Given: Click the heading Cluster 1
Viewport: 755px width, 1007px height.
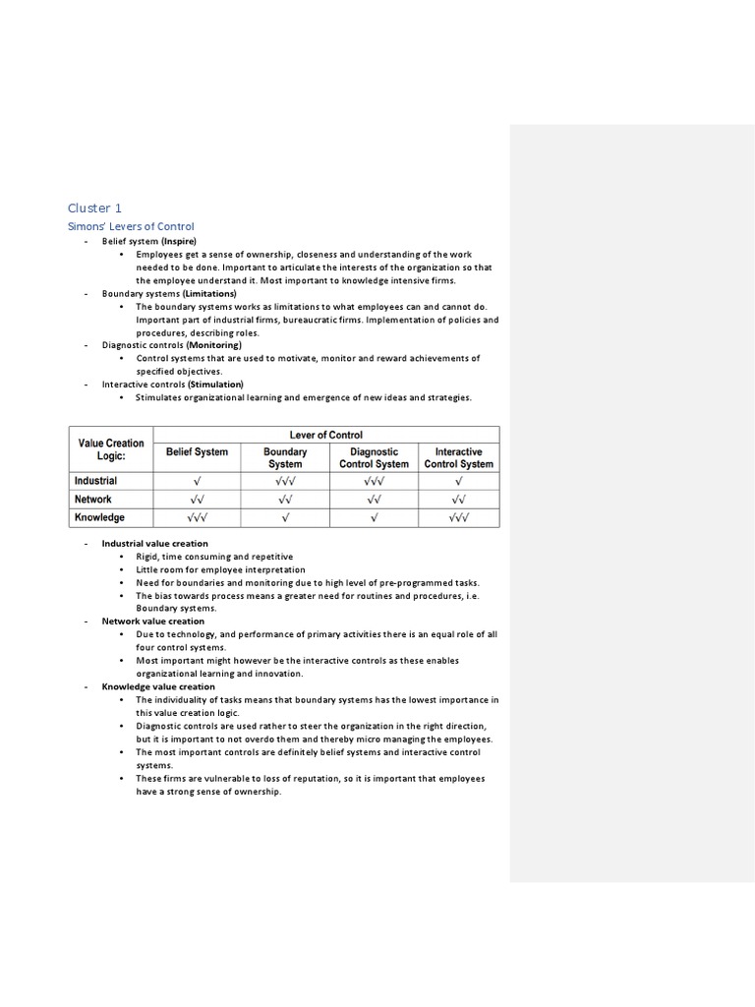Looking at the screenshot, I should point(95,207).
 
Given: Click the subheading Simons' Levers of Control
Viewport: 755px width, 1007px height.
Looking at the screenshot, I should point(131,227).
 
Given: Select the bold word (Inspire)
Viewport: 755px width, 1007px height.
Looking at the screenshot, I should point(179,241).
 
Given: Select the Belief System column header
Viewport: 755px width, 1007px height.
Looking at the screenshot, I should point(197,452).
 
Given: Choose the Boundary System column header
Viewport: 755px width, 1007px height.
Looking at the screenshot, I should point(285,458).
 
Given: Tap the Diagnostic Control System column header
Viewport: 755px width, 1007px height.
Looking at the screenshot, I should point(374,458).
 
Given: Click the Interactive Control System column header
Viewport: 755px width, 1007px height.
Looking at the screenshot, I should point(459,458).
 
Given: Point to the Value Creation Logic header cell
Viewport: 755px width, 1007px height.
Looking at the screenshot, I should point(111,449).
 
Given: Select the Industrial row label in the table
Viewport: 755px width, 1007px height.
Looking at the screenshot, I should point(95,481).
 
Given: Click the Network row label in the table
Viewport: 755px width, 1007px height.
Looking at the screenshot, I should point(93,500).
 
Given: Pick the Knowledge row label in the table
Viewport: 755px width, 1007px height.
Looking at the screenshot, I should point(99,517).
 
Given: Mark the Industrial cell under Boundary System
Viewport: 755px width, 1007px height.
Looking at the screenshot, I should point(285,481).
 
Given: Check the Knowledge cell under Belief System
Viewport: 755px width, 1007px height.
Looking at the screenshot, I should point(197,517).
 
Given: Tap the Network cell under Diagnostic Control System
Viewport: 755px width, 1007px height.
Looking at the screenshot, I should point(374,500).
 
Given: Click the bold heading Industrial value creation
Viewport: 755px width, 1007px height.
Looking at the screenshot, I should point(154,543).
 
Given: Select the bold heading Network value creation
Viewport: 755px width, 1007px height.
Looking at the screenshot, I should point(152,621).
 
